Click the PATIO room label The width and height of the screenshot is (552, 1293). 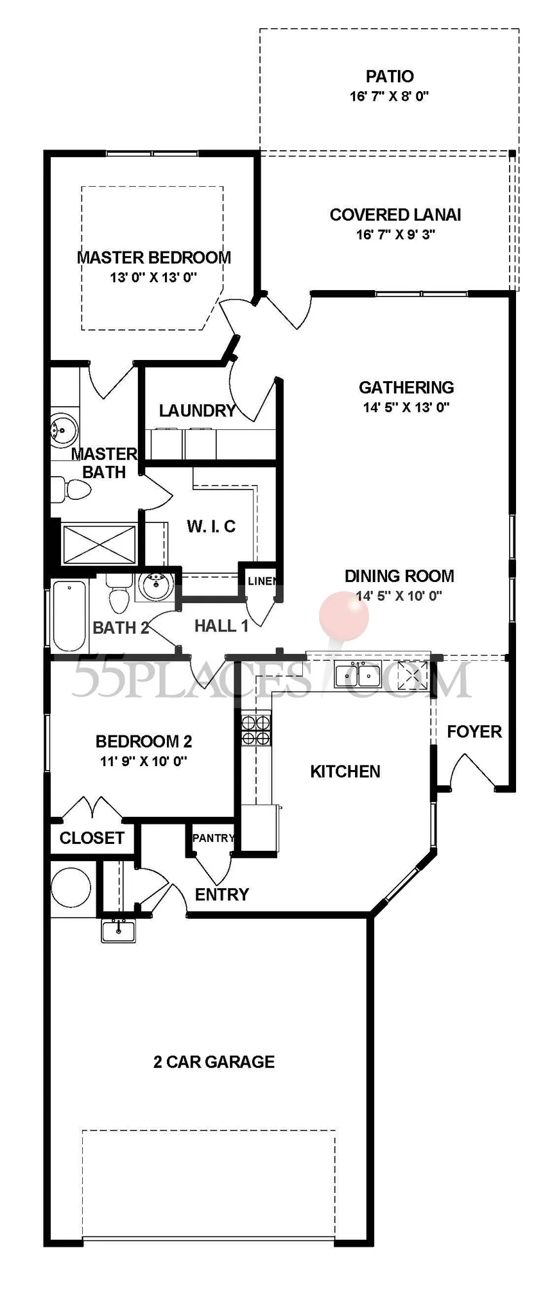click(390, 76)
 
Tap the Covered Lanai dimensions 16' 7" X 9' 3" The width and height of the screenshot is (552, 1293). click(395, 234)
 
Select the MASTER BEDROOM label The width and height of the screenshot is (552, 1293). click(154, 257)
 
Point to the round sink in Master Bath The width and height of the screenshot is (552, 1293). click(64, 428)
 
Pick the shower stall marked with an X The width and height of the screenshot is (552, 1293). click(99, 545)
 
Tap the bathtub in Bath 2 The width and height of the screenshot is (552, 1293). click(69, 615)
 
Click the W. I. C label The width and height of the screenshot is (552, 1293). click(211, 526)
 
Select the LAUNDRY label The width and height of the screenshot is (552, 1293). click(197, 411)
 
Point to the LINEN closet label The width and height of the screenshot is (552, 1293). click(262, 581)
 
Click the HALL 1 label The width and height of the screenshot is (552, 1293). click(221, 626)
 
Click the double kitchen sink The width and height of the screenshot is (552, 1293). click(358, 674)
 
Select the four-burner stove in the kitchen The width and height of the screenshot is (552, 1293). click(256, 730)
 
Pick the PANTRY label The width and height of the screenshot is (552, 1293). click(214, 837)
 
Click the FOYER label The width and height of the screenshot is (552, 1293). click(474, 732)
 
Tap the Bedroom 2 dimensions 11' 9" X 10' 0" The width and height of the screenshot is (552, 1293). click(144, 761)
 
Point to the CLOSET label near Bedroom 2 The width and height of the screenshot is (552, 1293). click(92, 838)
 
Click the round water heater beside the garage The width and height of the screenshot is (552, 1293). click(71, 887)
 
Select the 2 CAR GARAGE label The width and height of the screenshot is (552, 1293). click(214, 1062)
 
